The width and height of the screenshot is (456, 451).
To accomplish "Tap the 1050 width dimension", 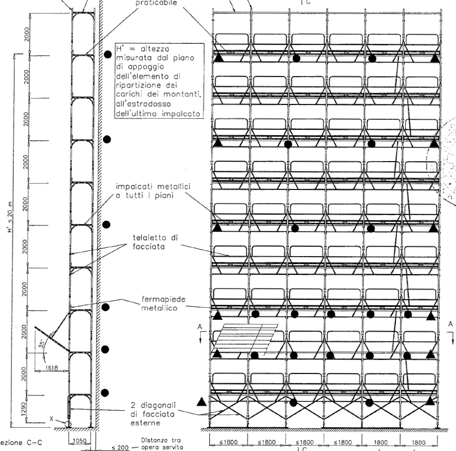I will coord(80,441).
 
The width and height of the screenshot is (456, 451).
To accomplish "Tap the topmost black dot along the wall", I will coord(107,55).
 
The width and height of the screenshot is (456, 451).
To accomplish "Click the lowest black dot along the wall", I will coord(105,393).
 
